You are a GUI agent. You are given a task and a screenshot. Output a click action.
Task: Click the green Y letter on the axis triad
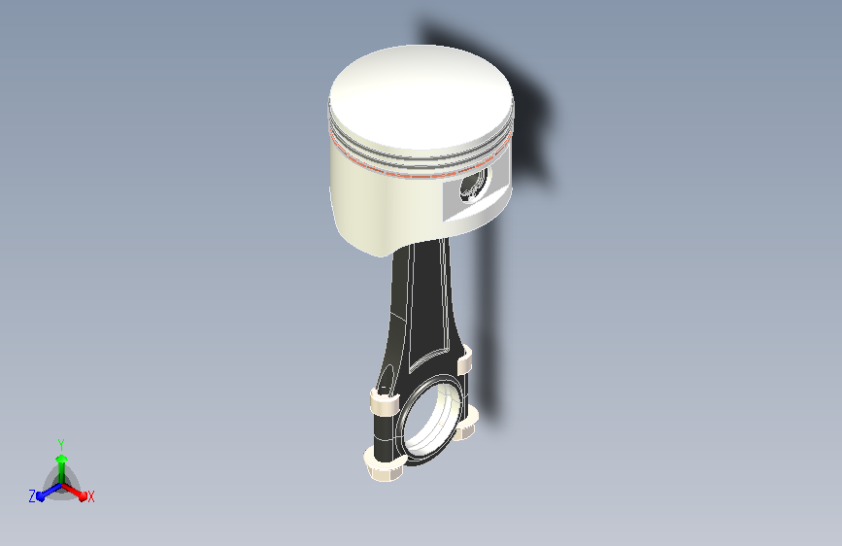[x=61, y=445]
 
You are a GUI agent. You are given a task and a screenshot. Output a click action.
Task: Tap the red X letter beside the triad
[x=90, y=497]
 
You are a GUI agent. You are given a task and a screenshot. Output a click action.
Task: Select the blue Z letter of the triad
[x=32, y=496]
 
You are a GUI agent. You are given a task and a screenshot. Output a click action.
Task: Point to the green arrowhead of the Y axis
[x=62, y=459]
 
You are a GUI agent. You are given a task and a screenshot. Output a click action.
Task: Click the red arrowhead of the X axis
[x=83, y=496]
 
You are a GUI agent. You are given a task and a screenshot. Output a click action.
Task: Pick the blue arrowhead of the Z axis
[x=41, y=496]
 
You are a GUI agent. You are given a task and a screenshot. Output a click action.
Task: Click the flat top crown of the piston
[x=421, y=98]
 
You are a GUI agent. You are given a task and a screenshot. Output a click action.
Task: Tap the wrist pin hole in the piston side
[x=474, y=186]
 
